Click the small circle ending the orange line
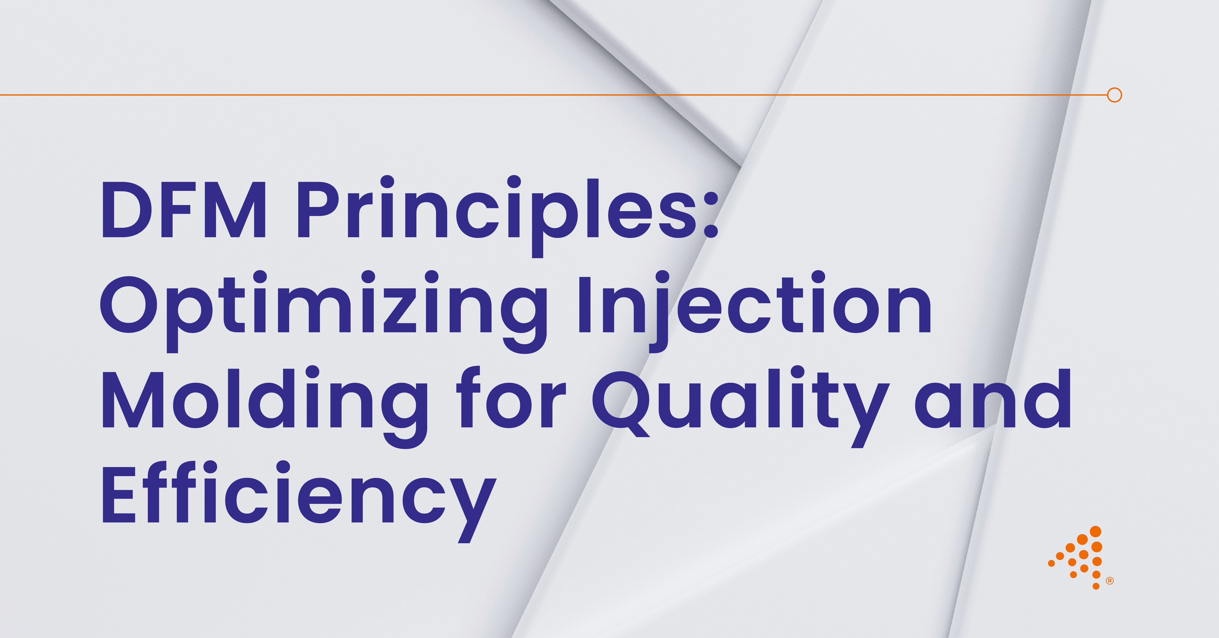(1115, 95)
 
